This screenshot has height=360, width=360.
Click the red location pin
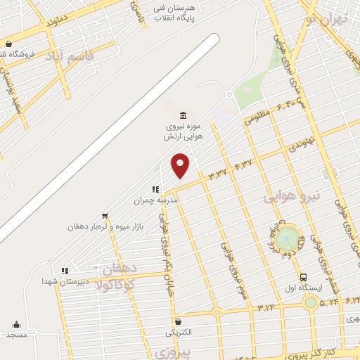tap(181, 165)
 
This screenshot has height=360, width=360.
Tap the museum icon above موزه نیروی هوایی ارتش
tap(184, 115)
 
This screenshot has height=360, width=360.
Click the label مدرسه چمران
tap(156, 200)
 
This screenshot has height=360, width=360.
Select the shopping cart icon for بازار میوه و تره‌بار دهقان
tap(105, 216)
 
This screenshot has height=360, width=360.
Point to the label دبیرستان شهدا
tap(65, 281)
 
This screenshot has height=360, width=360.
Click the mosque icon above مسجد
tap(16, 324)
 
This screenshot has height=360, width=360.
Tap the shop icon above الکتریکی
tap(178, 321)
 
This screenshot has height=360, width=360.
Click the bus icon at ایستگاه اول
tap(303, 277)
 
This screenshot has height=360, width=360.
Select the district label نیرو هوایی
tap(292, 197)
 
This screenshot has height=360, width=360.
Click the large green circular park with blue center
tap(286, 239)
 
